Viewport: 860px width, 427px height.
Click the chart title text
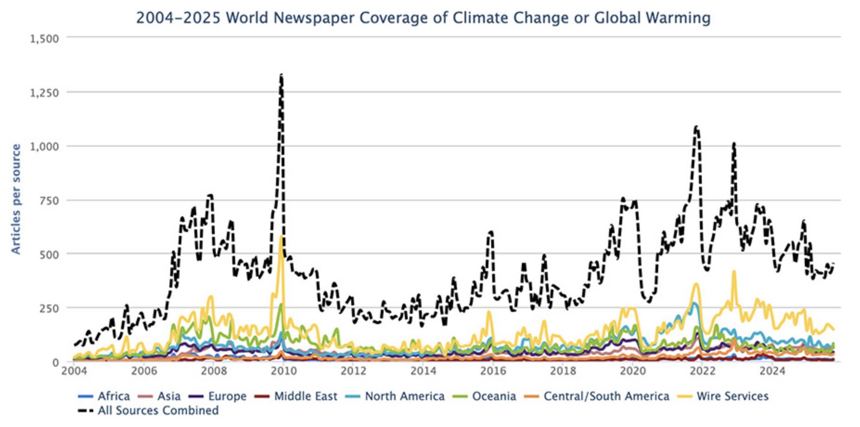pyautogui.click(x=423, y=18)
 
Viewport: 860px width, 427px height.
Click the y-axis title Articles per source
pyautogui.click(x=16, y=199)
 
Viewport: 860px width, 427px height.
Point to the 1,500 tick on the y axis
pyautogui.click(x=45, y=39)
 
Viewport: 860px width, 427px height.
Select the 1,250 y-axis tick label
pyautogui.click(x=45, y=92)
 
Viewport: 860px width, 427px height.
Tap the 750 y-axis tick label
pyautogui.click(x=49, y=201)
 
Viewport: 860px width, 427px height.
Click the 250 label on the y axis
pyautogui.click(x=49, y=308)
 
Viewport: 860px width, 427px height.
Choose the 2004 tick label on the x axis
pyautogui.click(x=73, y=371)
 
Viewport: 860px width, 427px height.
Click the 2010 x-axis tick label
pyautogui.click(x=283, y=371)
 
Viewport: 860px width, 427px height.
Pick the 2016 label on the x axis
pyautogui.click(x=493, y=371)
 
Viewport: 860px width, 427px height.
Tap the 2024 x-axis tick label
pyautogui.click(x=772, y=371)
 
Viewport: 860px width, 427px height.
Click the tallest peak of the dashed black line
pyautogui.click(x=281, y=75)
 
